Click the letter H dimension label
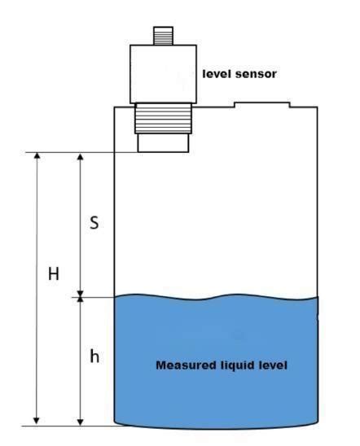(x=53, y=274)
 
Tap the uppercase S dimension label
(x=94, y=222)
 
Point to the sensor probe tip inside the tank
(x=162, y=142)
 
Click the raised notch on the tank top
(x=261, y=103)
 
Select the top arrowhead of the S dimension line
(x=80, y=157)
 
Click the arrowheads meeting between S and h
(x=80, y=298)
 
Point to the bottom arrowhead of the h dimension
(x=80, y=419)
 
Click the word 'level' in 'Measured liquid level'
(x=273, y=366)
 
